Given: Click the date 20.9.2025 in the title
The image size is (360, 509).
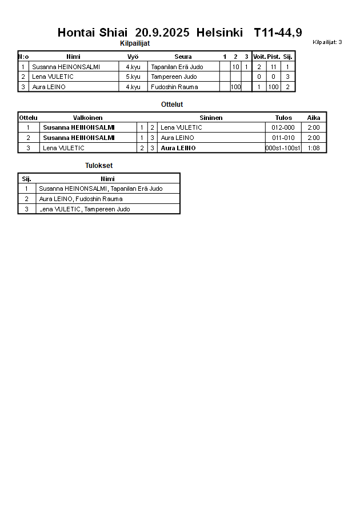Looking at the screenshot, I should coord(162,33).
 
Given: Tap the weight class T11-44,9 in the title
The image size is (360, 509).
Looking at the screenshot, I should coord(278,33).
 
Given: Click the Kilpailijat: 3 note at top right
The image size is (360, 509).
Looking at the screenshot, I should coord(327,42).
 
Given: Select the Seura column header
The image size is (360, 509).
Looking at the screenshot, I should coord(183,57).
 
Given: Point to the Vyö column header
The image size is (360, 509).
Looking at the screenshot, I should coord(133,57).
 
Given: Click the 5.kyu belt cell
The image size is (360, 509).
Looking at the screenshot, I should coord(133,77).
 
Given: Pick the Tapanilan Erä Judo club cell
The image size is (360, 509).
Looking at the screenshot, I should coord(177,67).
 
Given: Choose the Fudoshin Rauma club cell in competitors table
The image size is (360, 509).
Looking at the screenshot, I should coord(174,87).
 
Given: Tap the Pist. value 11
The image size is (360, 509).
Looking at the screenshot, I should coord(274,67).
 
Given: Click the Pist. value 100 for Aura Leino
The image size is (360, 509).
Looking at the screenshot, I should coord(274,87).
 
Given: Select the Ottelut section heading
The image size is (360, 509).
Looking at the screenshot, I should coord(172,105).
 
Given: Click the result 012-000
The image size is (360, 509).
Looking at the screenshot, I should coord(283,127).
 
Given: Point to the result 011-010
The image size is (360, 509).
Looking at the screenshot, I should coord(283,138).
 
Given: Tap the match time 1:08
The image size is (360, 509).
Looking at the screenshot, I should coord(314,148).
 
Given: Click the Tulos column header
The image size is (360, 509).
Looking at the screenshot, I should coord(283,118).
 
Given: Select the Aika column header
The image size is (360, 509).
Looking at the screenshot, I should coord(314,118).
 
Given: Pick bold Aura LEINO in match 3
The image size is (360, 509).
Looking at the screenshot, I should coord(178,148).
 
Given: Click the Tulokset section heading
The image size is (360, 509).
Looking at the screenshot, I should coord(99,166).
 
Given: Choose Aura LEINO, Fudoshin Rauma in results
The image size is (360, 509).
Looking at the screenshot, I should coord(81,199).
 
